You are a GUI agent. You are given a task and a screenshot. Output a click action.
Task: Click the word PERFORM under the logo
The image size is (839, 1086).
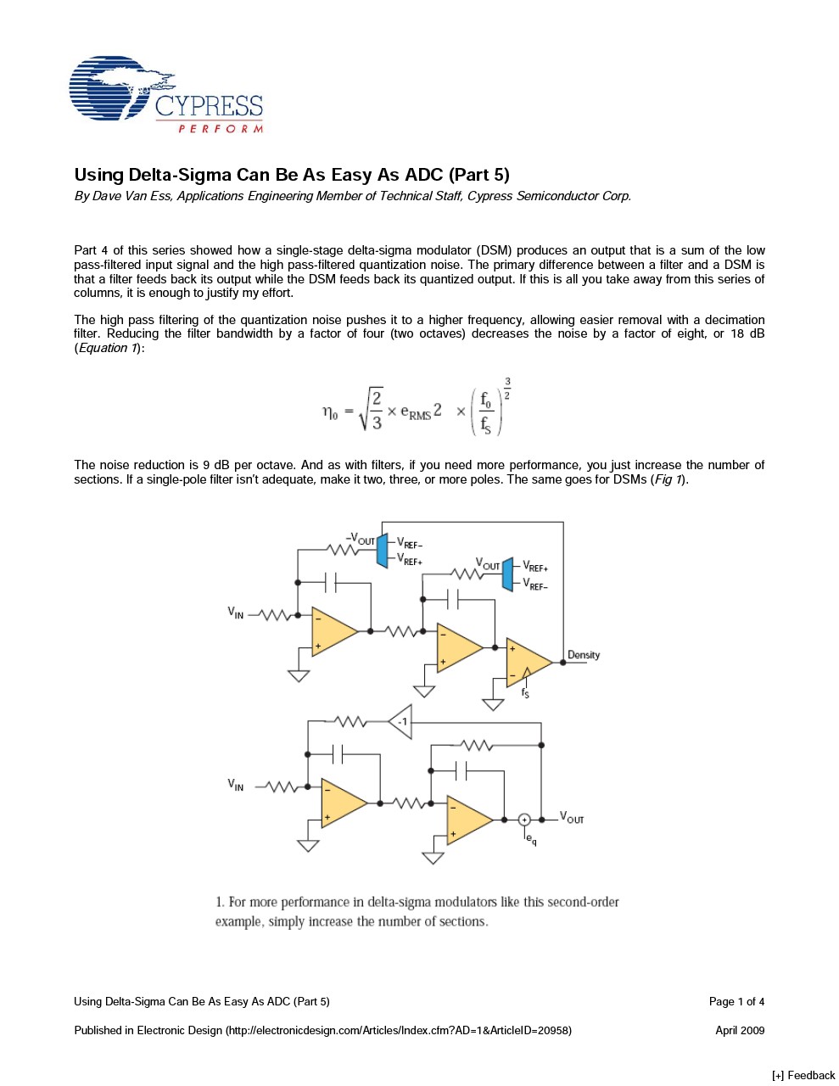coord(220,129)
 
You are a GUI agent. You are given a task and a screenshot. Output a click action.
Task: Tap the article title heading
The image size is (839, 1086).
coord(292,175)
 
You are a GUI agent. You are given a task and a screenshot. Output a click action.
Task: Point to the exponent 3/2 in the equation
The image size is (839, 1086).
coord(507,389)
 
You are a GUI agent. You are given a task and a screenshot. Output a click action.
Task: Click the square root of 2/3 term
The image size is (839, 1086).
coord(371,410)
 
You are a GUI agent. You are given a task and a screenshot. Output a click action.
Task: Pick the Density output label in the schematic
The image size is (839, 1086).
coord(584,655)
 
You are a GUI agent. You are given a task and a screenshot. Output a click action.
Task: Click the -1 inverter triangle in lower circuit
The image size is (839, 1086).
coord(401,722)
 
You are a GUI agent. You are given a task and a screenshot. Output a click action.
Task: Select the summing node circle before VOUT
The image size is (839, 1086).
coord(524,820)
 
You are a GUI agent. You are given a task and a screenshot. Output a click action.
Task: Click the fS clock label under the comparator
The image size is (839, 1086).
coord(525,693)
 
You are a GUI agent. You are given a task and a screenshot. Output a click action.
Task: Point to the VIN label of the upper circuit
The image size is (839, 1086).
coord(235,613)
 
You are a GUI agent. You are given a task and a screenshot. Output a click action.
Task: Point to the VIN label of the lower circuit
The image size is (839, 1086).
coord(235,785)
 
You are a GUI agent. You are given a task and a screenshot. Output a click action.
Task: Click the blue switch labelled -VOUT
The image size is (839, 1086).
coord(382,551)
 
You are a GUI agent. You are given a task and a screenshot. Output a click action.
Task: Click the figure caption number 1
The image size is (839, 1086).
coord(219,902)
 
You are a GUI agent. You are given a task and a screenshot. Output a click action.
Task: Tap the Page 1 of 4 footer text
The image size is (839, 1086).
coord(736,1001)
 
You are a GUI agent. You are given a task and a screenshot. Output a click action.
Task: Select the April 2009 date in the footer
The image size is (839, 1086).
coord(740,1030)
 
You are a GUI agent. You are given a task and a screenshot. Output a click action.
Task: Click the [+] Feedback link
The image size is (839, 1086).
coord(803,1075)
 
